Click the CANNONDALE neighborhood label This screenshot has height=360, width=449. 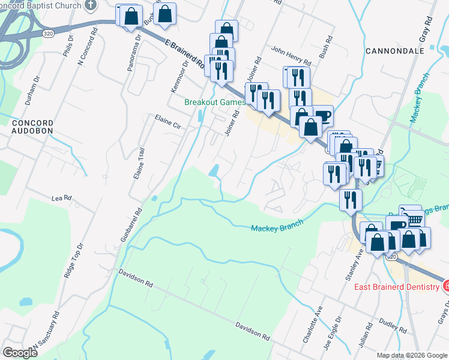[x=395, y=52]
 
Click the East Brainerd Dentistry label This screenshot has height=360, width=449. [x=396, y=287]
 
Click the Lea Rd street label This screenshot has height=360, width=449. [x=62, y=197]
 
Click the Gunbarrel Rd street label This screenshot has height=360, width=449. [x=131, y=224]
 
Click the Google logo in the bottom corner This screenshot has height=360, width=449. [x=19, y=353]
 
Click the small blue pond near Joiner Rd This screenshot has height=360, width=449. [x=214, y=170]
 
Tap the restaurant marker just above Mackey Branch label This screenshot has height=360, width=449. [x=350, y=200]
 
